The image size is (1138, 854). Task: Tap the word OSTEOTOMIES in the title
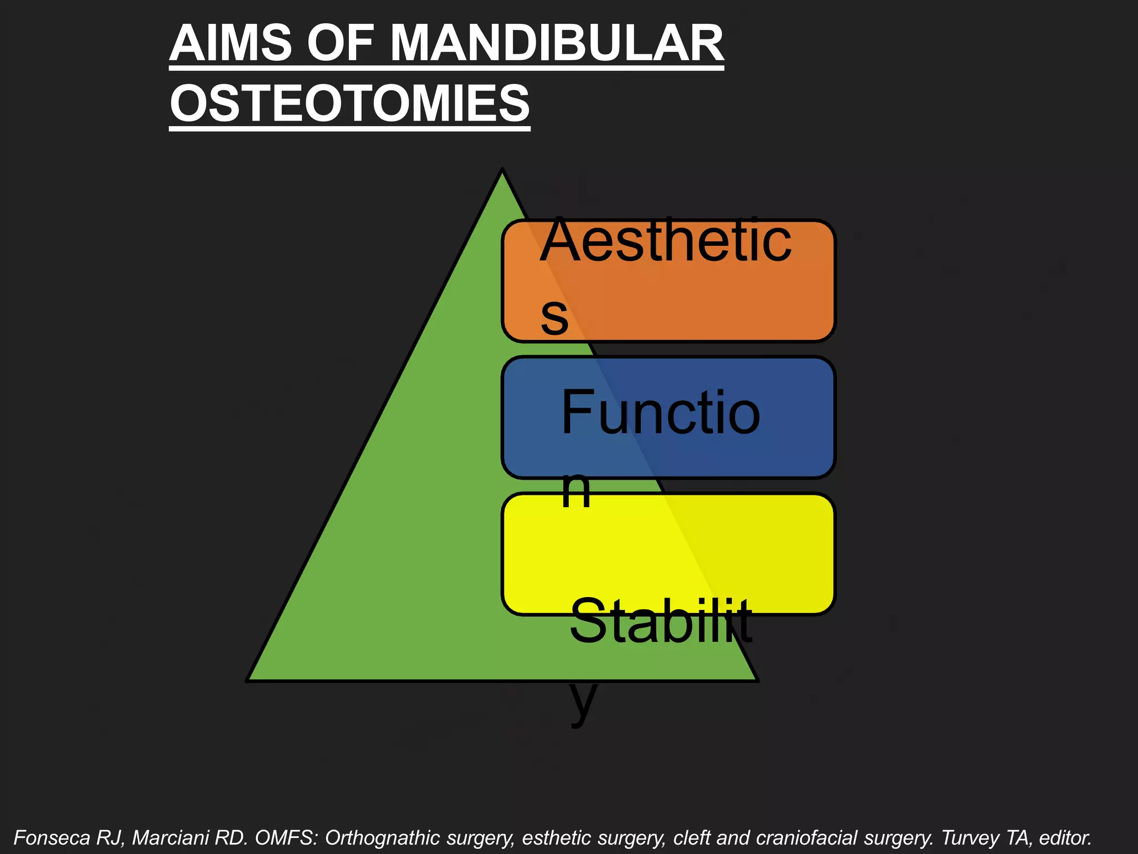350,104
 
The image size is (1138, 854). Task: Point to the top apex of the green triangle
502,171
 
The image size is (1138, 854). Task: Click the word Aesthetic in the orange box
666,241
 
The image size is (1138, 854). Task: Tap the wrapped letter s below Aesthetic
555,316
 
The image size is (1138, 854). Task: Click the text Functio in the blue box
660,413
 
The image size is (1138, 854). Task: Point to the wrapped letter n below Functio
576,490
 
